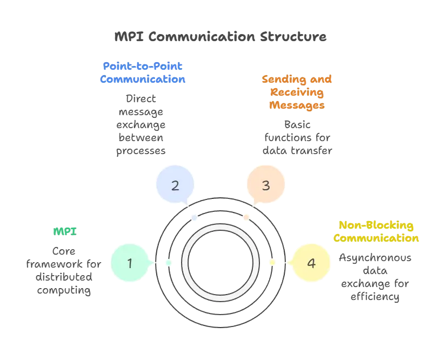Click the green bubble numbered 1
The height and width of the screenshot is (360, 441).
130,263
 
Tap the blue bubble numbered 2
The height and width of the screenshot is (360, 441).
175,185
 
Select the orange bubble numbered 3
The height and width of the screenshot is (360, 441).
265,185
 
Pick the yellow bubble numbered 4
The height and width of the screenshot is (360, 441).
311,263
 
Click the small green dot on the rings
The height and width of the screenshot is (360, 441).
169,263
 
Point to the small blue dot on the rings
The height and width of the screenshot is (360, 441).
194,218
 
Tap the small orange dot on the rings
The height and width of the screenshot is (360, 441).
246,218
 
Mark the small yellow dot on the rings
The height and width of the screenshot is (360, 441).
272,263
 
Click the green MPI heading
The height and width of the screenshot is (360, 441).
65,231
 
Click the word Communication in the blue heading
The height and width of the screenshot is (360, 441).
142,80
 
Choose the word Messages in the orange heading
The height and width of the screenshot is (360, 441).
297,106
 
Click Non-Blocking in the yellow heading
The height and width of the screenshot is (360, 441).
376,225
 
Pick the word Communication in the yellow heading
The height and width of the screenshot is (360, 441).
376,238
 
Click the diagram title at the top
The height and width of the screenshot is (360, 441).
220,37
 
